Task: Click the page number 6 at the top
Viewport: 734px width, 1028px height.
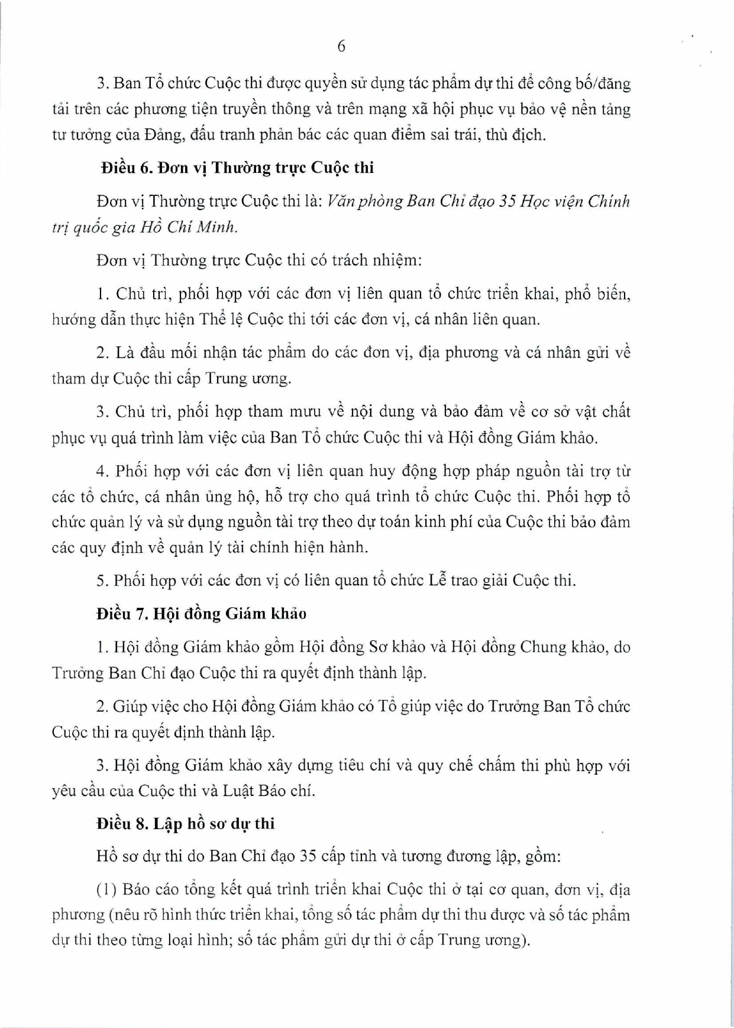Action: point(341,47)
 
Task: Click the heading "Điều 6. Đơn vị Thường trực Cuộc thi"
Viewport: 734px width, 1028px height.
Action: point(237,168)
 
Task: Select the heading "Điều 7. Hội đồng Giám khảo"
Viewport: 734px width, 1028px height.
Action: point(202,614)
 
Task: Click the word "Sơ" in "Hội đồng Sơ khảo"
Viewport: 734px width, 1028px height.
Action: point(376,647)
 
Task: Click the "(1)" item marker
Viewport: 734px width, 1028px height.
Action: point(108,890)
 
